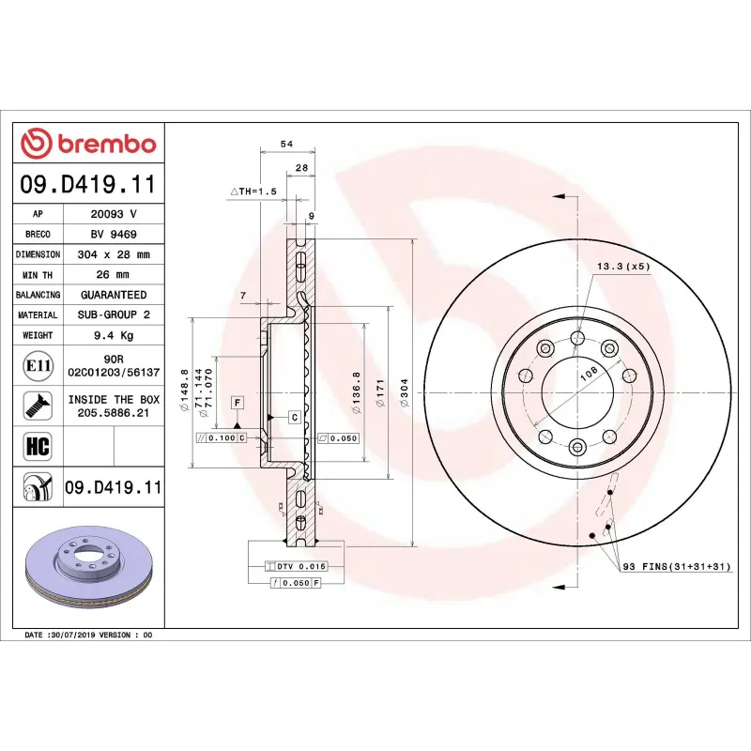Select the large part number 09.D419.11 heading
click(87, 184)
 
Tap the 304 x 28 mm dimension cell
click(113, 254)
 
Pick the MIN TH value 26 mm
click(113, 275)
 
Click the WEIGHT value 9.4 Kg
click(113, 335)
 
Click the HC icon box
click(38, 444)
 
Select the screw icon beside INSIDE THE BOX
click(38, 406)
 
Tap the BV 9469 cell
click(113, 234)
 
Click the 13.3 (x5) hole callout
click(623, 267)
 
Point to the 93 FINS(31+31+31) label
click(674, 567)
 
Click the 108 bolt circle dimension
click(589, 373)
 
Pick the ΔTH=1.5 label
click(253, 191)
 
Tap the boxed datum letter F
click(238, 403)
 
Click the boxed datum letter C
click(294, 416)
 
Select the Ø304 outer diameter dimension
click(404, 392)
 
